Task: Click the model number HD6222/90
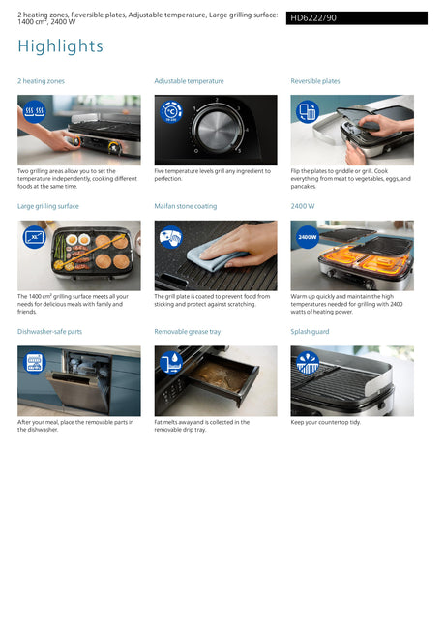pyautogui.click(x=313, y=18)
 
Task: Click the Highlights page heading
pyautogui.click(x=61, y=46)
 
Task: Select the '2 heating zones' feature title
pyautogui.click(x=41, y=81)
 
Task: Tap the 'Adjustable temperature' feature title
pyautogui.click(x=190, y=81)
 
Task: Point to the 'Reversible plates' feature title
pyautogui.click(x=315, y=81)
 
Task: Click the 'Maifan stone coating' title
pyautogui.click(x=186, y=206)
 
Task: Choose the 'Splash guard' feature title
pyautogui.click(x=311, y=332)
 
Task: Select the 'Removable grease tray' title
pyautogui.click(x=188, y=332)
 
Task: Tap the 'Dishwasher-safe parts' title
pyautogui.click(x=49, y=332)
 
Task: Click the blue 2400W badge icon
pyautogui.click(x=308, y=237)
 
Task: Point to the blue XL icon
pyautogui.click(x=35, y=237)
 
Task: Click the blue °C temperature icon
pyautogui.click(x=171, y=111)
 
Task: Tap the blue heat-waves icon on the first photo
pyautogui.click(x=35, y=111)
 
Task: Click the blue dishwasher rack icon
pyautogui.click(x=35, y=362)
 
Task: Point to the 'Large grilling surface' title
pyautogui.click(x=48, y=206)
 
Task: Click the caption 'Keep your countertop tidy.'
pyautogui.click(x=326, y=422)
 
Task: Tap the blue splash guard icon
pyautogui.click(x=308, y=362)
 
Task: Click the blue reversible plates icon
pyautogui.click(x=308, y=111)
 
